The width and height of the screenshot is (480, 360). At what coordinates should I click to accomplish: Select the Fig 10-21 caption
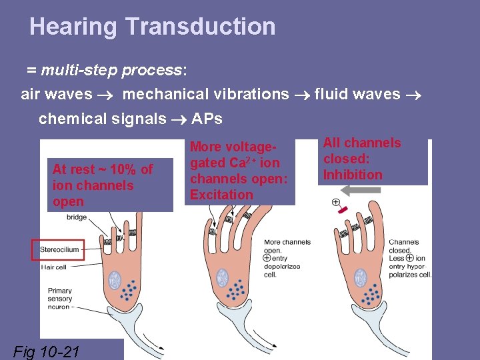coord(47,350)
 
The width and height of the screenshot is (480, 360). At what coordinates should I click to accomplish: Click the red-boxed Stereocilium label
coord(59,250)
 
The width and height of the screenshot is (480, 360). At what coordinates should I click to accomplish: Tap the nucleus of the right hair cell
coord(361,277)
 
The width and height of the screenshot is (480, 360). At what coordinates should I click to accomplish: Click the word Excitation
coord(221,195)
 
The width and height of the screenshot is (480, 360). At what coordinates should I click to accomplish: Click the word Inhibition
coord(353,175)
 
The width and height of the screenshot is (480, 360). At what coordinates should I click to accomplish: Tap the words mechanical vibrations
coord(205,94)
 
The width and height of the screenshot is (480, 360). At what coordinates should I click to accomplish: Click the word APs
coord(207,119)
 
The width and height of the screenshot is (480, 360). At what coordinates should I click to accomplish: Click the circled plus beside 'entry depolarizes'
coord(267,258)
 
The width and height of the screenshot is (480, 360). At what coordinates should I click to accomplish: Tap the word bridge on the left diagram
coord(77,217)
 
